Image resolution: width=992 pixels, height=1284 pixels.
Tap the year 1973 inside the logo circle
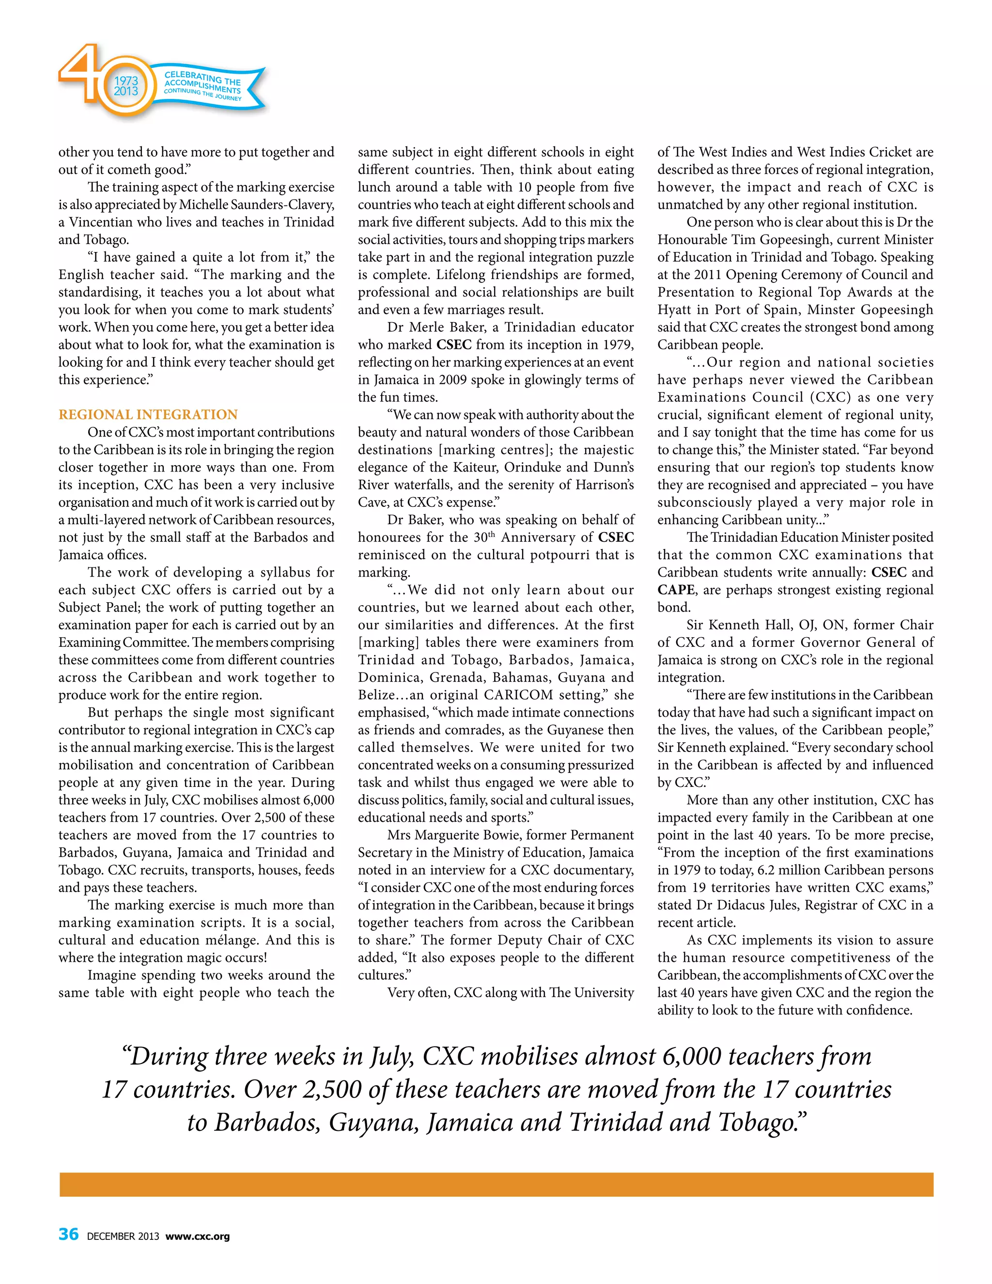click(x=126, y=80)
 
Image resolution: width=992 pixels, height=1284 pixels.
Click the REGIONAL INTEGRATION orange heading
click(x=148, y=414)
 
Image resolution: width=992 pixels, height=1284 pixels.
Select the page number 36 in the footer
click(x=68, y=1234)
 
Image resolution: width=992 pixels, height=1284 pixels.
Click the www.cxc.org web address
click(x=198, y=1236)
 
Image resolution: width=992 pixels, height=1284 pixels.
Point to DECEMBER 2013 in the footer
click(x=123, y=1236)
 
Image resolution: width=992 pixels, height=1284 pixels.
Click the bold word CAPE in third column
click(x=676, y=590)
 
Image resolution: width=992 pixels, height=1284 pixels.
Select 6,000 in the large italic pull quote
click(x=691, y=1056)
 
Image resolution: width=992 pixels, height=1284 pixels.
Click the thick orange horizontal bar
click(x=496, y=1184)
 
